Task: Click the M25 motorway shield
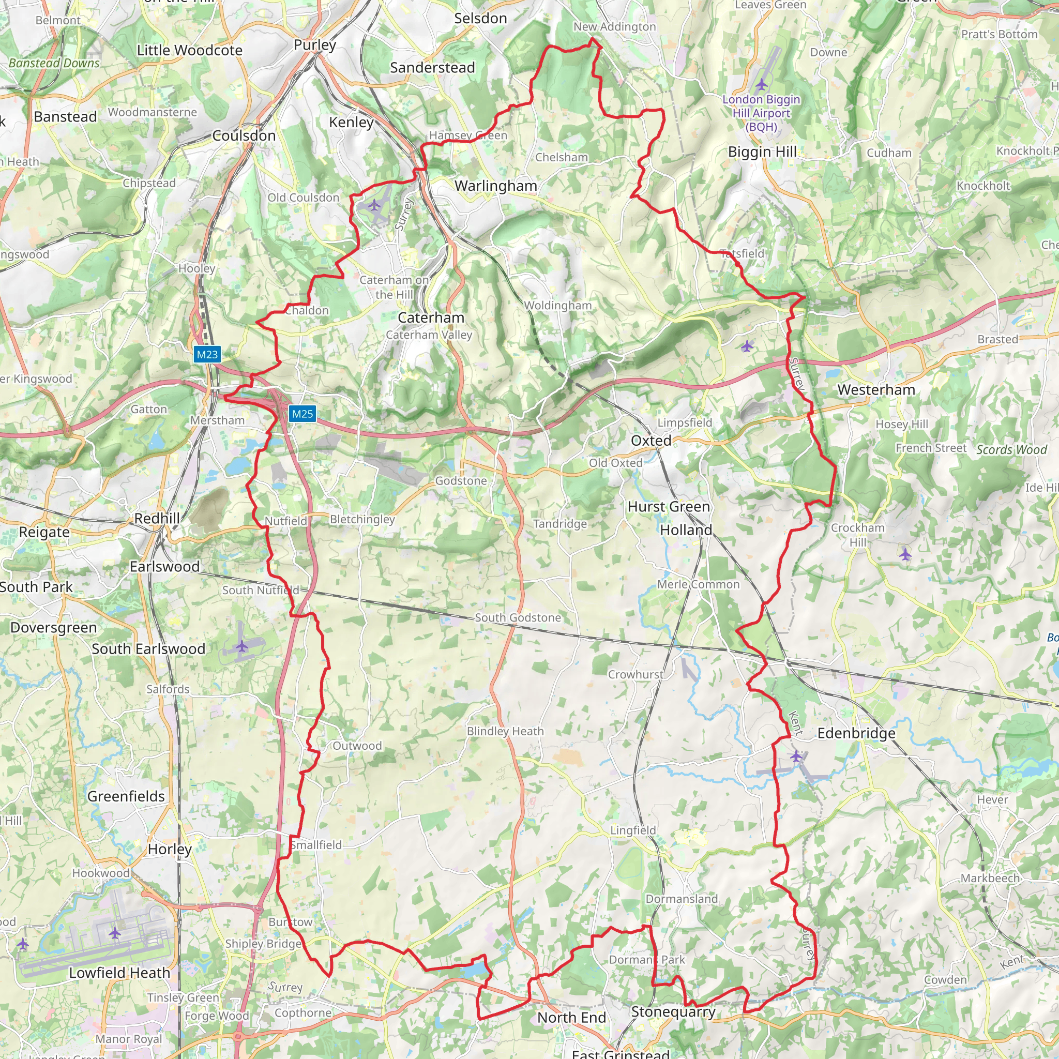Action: pos(302,414)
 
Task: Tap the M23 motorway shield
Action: pos(207,354)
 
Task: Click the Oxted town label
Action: pos(650,441)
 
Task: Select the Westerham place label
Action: pos(876,390)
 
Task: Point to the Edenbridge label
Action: pos(856,733)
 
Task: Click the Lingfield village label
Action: pos(633,830)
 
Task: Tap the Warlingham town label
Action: pos(495,186)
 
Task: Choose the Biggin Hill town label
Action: pos(762,152)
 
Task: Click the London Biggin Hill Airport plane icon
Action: pos(761,84)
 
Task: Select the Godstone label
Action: pos(460,481)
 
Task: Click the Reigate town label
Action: pos(44,532)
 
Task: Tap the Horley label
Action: pos(170,849)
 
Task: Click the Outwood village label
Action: pos(357,746)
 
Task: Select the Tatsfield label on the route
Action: pos(742,253)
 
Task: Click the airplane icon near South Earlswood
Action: pos(241,647)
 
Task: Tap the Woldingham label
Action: pos(557,306)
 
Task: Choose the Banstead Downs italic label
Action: pos(54,63)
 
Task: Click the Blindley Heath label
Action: pos(505,731)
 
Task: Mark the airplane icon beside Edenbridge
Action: pos(796,757)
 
